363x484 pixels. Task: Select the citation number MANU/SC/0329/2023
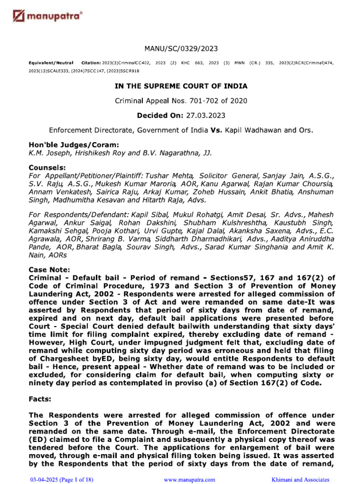pyautogui.click(x=181, y=49)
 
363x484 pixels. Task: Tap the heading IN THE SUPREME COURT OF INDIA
pyautogui.click(x=181, y=86)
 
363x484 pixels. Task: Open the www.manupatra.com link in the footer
pyautogui.click(x=189, y=479)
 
